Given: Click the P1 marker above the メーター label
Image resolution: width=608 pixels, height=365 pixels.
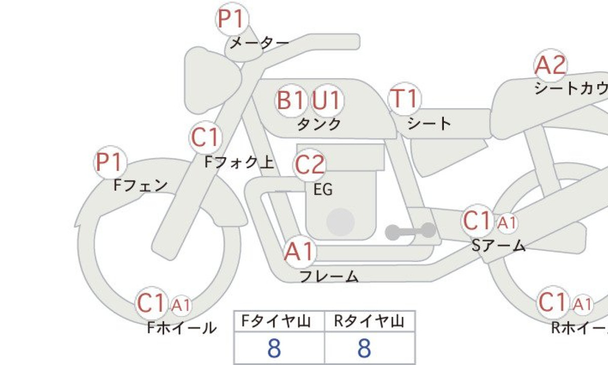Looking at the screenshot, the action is (x=232, y=19).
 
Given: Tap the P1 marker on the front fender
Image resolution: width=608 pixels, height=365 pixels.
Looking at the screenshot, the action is (x=110, y=162).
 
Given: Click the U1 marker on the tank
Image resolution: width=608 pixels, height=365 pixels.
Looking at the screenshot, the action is (x=327, y=100).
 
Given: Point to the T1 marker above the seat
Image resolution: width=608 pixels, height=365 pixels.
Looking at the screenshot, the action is (x=405, y=99).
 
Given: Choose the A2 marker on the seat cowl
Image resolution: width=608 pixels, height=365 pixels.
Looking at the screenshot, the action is (x=550, y=65).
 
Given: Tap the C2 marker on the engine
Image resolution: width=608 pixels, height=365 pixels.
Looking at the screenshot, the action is (x=310, y=165).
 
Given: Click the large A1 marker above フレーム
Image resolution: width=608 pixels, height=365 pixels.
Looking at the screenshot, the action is (x=299, y=252).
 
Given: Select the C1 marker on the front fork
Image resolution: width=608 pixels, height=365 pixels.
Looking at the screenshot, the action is (x=206, y=137).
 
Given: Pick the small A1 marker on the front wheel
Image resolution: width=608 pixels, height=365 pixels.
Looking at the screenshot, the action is (x=181, y=305).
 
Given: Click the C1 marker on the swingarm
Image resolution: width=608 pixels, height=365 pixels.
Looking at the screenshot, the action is (x=477, y=221).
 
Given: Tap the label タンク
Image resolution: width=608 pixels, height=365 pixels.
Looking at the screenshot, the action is (x=319, y=124).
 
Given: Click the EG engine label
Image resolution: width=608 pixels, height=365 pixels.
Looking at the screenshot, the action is (x=323, y=190).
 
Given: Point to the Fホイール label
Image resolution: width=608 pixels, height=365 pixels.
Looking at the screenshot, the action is (x=181, y=328).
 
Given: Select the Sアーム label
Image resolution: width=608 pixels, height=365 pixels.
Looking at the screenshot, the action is (x=499, y=245).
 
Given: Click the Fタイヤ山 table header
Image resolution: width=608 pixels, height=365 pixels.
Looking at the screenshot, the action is (x=276, y=321).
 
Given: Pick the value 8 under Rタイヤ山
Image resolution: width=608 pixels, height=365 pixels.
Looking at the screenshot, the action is (x=364, y=348).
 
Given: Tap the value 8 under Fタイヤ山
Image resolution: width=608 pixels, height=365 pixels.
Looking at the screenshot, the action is (x=274, y=348).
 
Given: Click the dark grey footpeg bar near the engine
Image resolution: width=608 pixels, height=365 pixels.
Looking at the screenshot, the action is (x=410, y=231).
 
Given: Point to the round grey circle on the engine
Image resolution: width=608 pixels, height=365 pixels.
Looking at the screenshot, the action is (x=340, y=222).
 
